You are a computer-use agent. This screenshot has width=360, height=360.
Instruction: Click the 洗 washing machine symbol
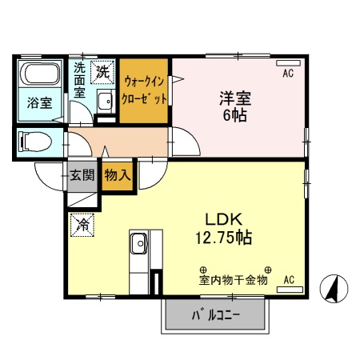tap(103, 71)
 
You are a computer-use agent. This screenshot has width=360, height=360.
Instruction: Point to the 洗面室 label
tap(80, 80)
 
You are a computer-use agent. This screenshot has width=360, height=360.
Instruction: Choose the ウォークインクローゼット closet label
tap(144, 90)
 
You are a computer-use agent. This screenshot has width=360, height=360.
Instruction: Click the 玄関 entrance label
tap(81, 175)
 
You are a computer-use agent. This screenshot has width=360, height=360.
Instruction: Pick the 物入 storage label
tap(117, 174)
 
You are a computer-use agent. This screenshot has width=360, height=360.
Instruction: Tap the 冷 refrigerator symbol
tap(82, 226)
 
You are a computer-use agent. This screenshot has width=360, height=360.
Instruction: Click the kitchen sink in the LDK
tap(138, 242)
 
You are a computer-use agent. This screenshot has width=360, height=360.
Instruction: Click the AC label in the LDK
tap(289, 279)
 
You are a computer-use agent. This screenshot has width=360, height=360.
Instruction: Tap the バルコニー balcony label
tap(214, 314)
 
